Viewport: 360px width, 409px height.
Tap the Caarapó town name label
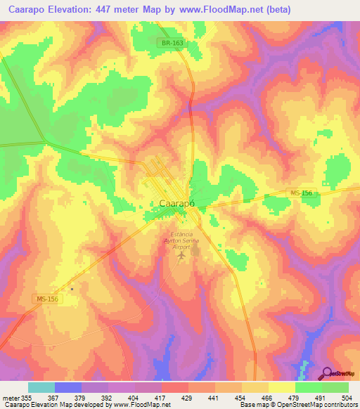172,204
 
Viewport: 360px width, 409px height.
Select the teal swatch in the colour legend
41,387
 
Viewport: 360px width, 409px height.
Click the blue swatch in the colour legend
68,387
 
